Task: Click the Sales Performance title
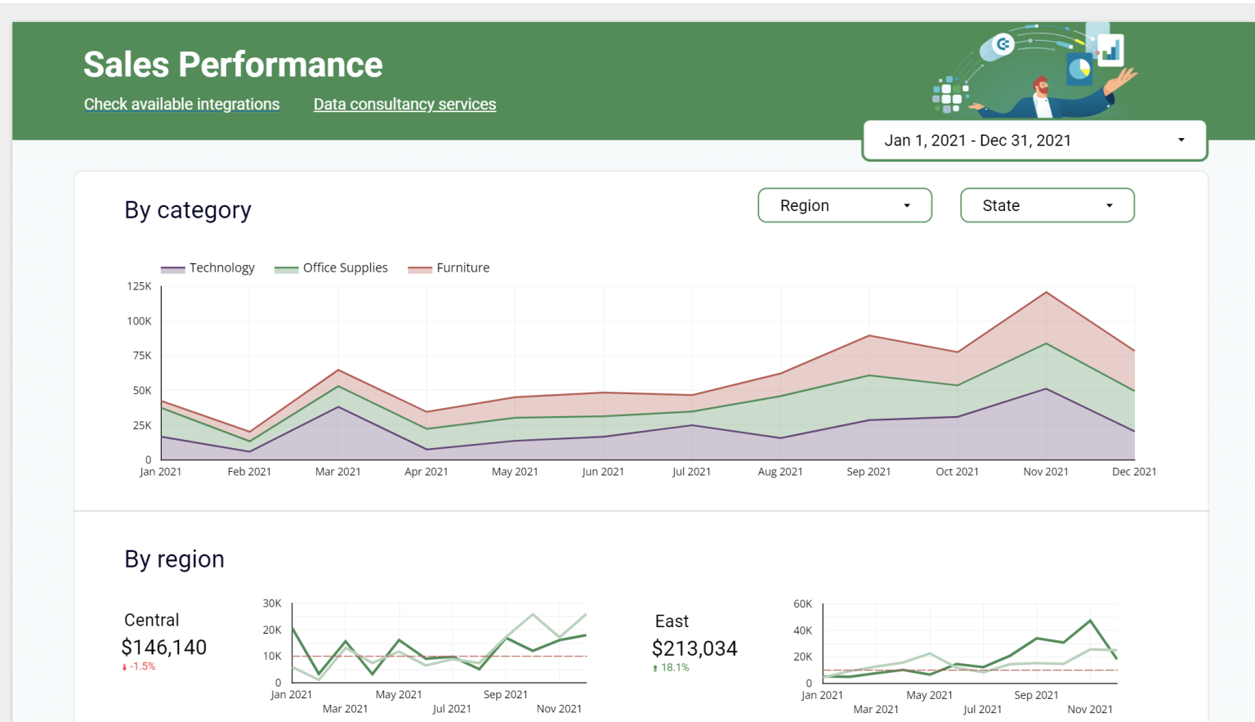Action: coord(233,65)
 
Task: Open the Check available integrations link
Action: coord(181,105)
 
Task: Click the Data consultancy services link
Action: coord(404,105)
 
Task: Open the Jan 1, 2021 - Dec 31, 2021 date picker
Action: coord(1034,141)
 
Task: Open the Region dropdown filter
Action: coord(844,206)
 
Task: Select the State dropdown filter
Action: coord(1047,206)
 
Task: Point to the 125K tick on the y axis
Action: coord(139,286)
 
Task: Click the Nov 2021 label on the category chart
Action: coord(1046,472)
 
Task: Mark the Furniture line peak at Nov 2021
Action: coord(1046,292)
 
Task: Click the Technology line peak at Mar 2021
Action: coord(338,406)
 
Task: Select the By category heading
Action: coord(188,210)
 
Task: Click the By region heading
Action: coord(174,559)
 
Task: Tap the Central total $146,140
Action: coord(163,648)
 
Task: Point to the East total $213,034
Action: coord(694,648)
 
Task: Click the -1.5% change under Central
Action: coord(141,666)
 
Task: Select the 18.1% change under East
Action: coord(674,668)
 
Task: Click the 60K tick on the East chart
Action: coord(802,604)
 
